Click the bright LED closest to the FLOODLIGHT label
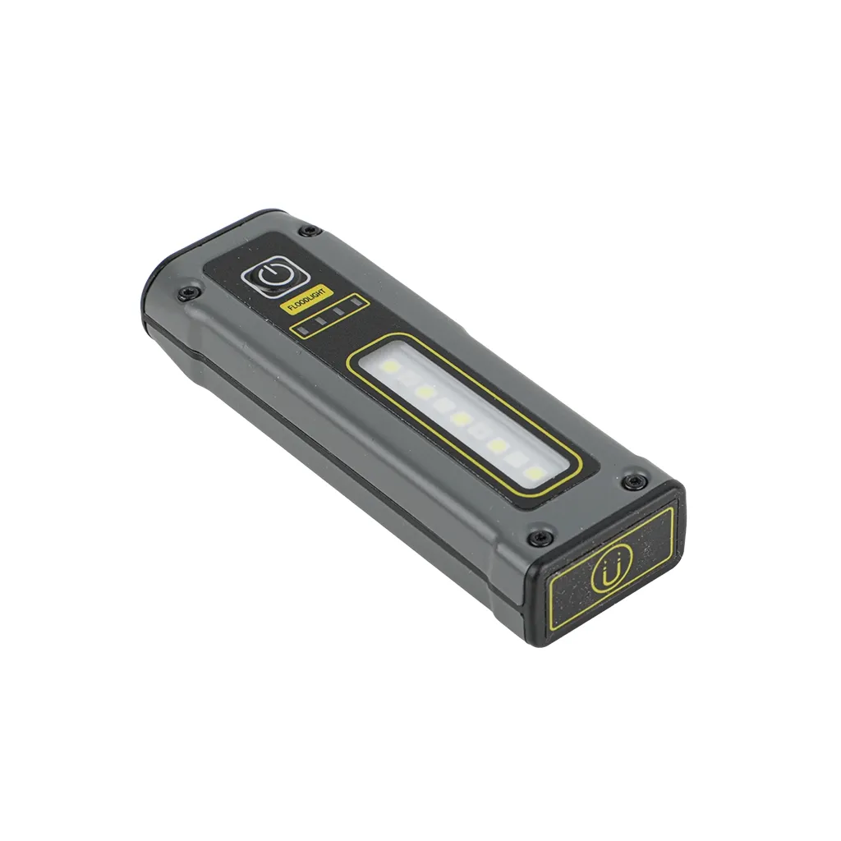click(390, 367)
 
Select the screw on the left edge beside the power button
click(184, 292)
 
